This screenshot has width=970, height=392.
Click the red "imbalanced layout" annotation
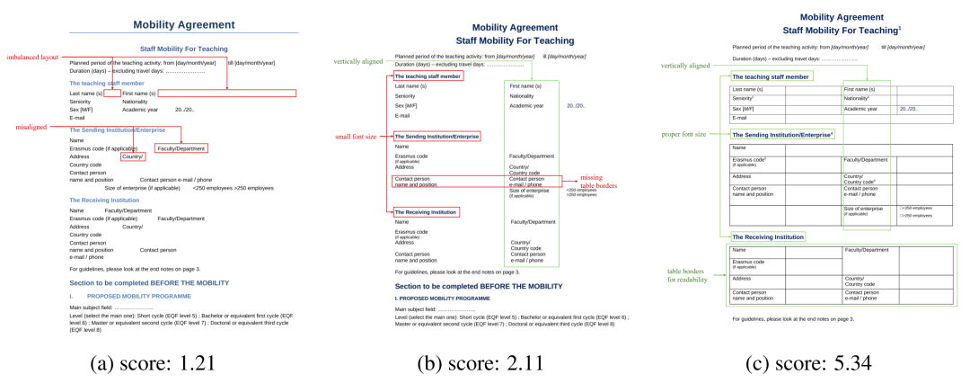point(32,57)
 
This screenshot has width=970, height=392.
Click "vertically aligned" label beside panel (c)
point(685,66)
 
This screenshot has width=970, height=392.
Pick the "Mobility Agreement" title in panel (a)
point(183,25)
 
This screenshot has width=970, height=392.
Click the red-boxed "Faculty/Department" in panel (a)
point(181,148)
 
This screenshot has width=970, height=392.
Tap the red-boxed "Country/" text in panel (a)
point(132,156)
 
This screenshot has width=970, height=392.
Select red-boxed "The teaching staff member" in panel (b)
point(428,76)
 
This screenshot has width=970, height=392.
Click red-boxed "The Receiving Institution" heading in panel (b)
point(427,212)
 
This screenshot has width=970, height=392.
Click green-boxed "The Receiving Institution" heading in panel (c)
point(768,236)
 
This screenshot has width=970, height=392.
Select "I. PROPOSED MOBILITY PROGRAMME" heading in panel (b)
point(443,298)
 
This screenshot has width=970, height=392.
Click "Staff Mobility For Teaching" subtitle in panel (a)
point(183,49)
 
